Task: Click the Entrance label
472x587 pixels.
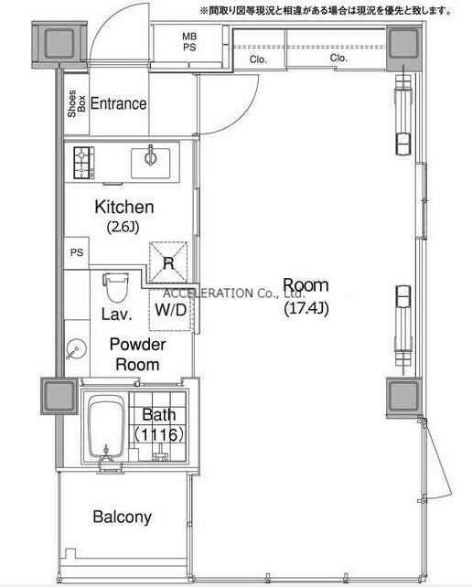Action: tap(118, 103)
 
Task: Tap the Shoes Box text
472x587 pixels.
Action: tap(77, 103)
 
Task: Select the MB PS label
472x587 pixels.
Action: tap(189, 42)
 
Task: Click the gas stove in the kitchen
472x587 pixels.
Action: tap(84, 163)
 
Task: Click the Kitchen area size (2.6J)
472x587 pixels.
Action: tap(123, 227)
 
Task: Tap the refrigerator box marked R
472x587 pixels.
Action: tap(168, 262)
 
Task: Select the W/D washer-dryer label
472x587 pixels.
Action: tap(171, 310)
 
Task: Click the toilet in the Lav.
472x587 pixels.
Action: tap(116, 287)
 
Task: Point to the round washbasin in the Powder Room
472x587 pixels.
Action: tap(77, 349)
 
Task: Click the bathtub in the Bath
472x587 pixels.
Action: tap(106, 427)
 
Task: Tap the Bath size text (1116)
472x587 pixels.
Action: tap(159, 434)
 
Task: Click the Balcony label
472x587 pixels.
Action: tap(123, 517)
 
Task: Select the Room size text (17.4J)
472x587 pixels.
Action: tap(306, 308)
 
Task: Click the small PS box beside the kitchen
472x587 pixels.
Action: tap(77, 252)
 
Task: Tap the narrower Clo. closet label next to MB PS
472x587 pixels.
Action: tap(258, 59)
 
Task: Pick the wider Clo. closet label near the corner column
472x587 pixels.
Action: tap(338, 58)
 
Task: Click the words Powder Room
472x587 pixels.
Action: tap(137, 354)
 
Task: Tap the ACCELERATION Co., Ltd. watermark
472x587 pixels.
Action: tap(234, 293)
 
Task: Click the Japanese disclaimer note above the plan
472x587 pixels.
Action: tap(327, 11)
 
